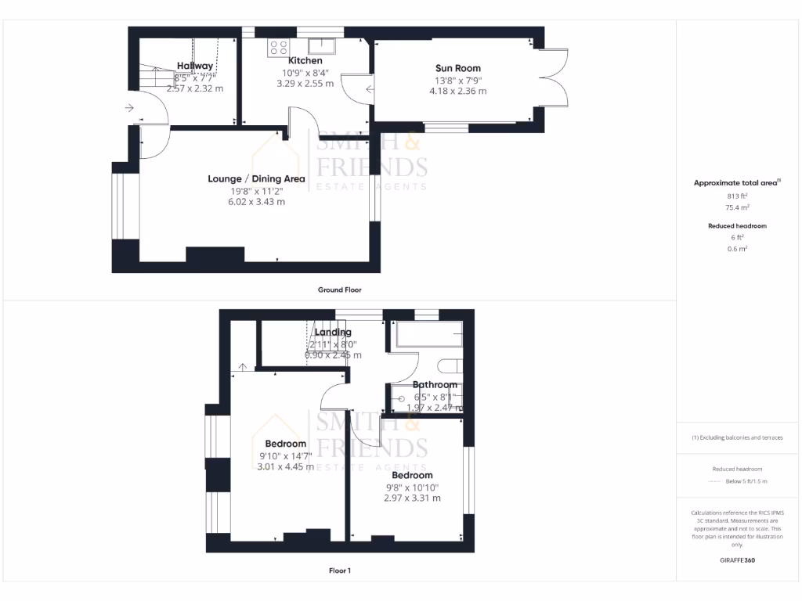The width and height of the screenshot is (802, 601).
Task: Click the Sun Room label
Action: pyautogui.click(x=458, y=68)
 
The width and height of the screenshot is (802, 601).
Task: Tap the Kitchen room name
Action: pyautogui.click(x=305, y=60)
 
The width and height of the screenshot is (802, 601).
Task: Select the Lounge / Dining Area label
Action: pyautogui.click(x=256, y=178)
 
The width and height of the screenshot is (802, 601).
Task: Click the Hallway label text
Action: pyautogui.click(x=194, y=66)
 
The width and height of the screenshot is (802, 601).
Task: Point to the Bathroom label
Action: pyautogui.click(x=435, y=384)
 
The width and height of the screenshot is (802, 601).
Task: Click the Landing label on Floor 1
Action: pyautogui.click(x=333, y=332)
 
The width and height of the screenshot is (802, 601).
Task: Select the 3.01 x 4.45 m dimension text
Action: pyautogui.click(x=285, y=467)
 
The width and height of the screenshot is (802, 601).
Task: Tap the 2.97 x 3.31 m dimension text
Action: pyautogui.click(x=412, y=498)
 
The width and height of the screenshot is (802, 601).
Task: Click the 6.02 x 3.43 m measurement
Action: pyautogui.click(x=257, y=202)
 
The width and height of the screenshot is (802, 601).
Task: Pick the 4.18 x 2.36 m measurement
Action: pyautogui.click(x=457, y=91)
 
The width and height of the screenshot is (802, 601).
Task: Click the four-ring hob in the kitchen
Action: pyautogui.click(x=278, y=47)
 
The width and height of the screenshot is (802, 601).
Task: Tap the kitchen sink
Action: pyautogui.click(x=321, y=45)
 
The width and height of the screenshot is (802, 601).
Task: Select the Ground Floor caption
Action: pyautogui.click(x=339, y=290)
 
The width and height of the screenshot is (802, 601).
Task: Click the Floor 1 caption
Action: pyautogui.click(x=339, y=570)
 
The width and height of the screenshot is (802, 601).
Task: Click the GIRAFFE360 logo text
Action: pyautogui.click(x=736, y=560)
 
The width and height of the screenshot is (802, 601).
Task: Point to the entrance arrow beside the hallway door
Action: pyautogui.click(x=128, y=108)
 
